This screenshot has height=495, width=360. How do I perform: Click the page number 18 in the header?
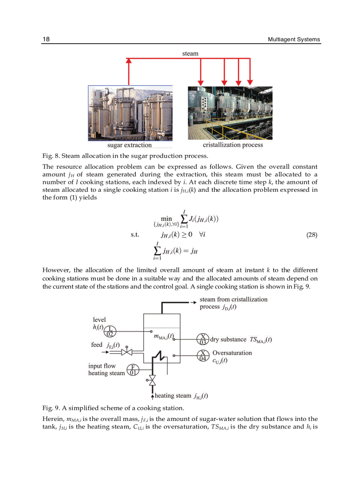(x=46, y=39)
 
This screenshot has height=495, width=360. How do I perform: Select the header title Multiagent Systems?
(x=294, y=39)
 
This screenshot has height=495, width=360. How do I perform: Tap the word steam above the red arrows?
(x=190, y=53)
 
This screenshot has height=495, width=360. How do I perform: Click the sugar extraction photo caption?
(x=129, y=145)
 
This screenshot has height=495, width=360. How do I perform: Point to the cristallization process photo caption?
(x=232, y=145)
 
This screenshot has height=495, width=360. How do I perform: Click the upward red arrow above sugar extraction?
(x=129, y=71)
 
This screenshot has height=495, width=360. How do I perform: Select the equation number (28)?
(x=311, y=235)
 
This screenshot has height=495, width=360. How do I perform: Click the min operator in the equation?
(x=166, y=219)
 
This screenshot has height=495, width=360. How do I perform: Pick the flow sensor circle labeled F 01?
(x=132, y=370)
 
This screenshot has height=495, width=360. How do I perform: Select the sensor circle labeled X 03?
(x=203, y=339)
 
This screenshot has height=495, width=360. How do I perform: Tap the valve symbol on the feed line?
(x=127, y=352)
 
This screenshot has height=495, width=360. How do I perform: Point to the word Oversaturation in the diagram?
(x=232, y=353)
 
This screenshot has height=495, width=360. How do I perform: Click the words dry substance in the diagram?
(x=228, y=339)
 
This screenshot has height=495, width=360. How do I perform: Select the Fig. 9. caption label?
(x=51, y=407)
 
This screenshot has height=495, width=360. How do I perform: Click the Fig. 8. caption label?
(x=51, y=156)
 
